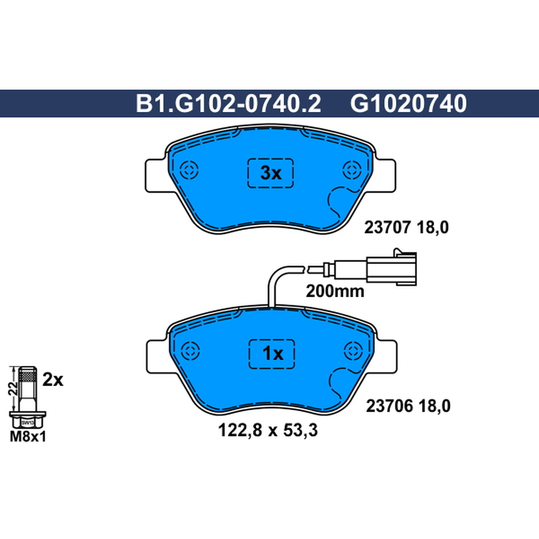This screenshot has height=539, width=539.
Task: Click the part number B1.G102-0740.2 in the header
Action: coord(228,104)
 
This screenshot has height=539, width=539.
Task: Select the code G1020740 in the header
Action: coord(408,104)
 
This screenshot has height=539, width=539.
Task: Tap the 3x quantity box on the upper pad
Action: coord(271,173)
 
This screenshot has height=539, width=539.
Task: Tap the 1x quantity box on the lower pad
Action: coord(272,354)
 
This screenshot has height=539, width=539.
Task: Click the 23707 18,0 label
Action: coord(406,228)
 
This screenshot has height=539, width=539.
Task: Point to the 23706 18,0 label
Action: coord(408,406)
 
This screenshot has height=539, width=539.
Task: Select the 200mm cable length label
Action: coord(335,291)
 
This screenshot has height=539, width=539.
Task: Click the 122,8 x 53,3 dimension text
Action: coord(267,431)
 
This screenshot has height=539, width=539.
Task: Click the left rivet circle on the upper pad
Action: coord(189,170)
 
